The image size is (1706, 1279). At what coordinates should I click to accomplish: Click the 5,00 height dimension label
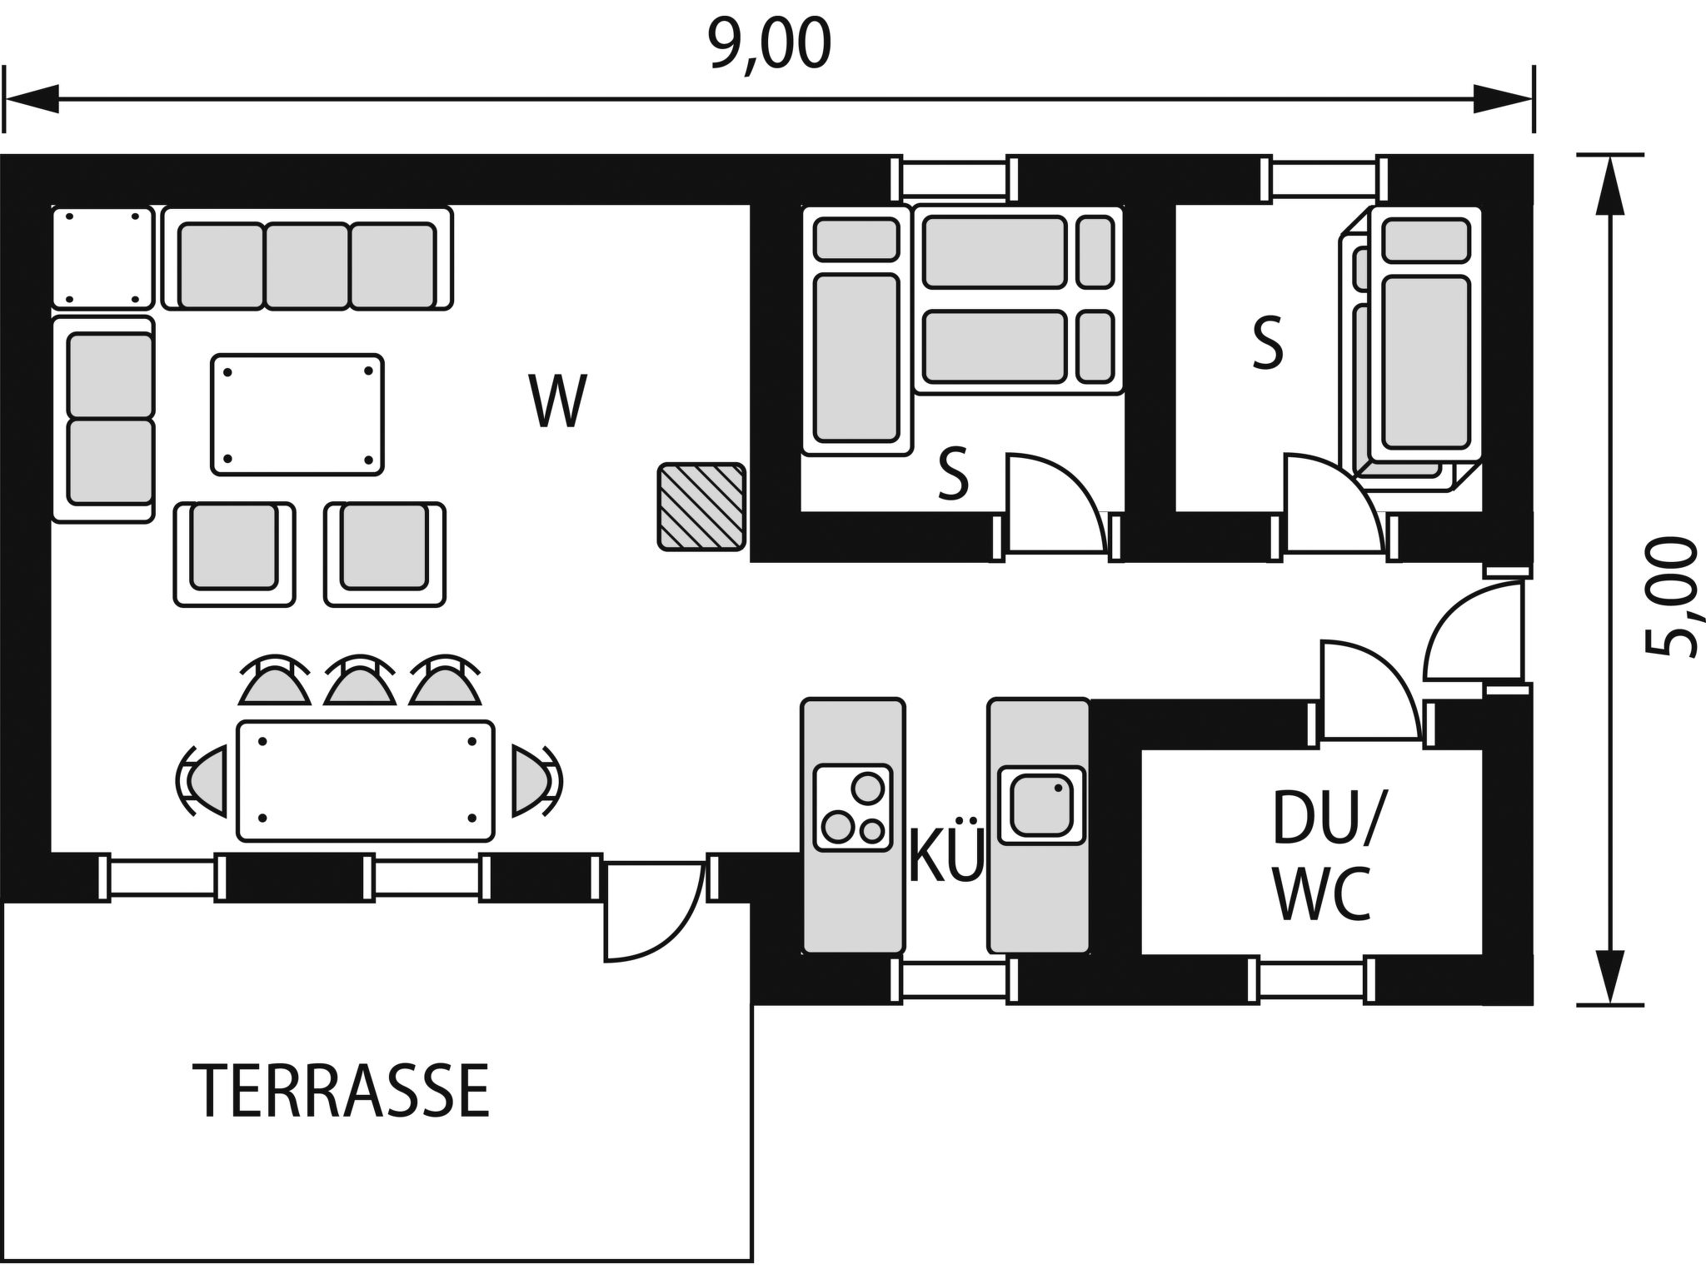(1671, 597)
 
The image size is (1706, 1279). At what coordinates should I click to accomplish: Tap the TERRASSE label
(342, 1091)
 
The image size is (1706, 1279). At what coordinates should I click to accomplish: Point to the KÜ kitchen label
(946, 856)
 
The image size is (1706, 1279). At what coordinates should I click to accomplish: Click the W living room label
(557, 402)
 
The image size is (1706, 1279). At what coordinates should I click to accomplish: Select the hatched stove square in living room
(701, 507)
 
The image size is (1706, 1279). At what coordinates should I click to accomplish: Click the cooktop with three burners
(852, 807)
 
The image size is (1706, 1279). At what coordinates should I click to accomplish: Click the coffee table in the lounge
(297, 415)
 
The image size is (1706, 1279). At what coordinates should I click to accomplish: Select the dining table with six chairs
(366, 780)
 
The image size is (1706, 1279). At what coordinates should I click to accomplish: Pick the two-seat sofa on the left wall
(104, 419)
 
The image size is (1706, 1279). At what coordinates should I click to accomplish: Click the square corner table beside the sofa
(103, 257)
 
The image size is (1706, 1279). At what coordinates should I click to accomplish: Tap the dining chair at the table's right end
(533, 780)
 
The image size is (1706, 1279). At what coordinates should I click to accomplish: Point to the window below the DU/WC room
(1310, 980)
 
